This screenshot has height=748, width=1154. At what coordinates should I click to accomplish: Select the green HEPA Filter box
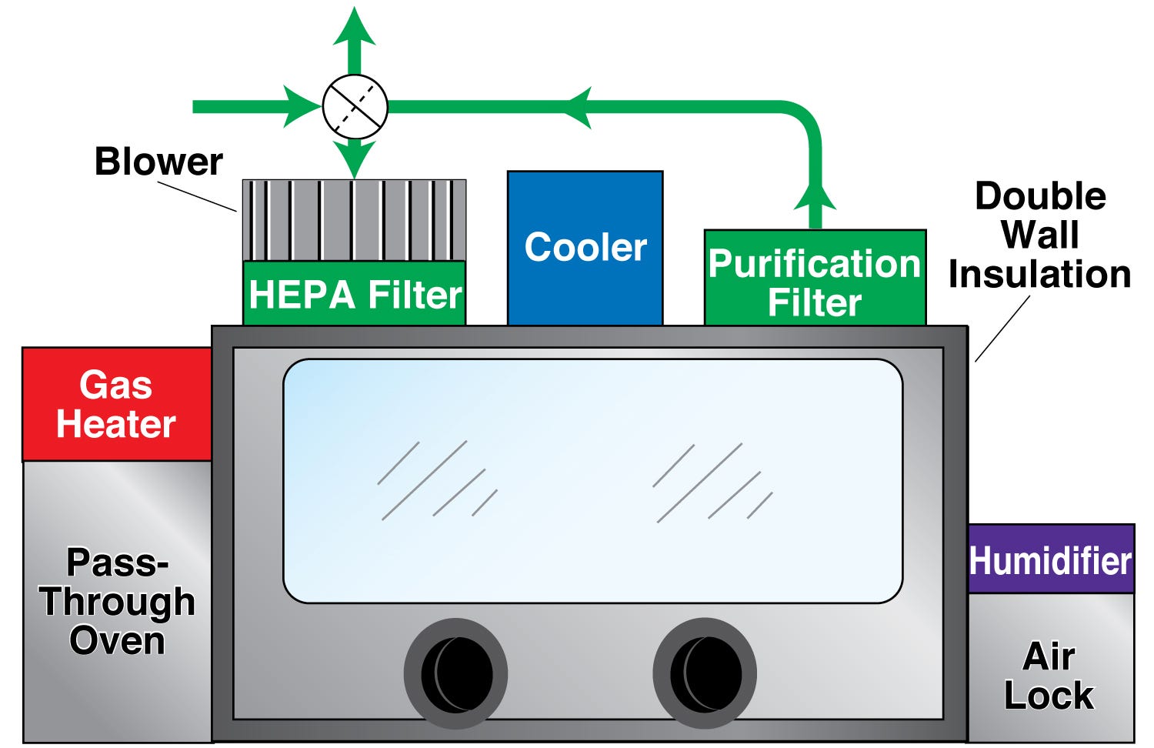355,293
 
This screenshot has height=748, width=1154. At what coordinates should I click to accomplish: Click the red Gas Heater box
117,404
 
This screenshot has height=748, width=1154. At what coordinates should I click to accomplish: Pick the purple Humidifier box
1050,559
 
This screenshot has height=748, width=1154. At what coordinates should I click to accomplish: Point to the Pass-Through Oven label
117,602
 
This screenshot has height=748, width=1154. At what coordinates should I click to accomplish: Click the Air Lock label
1049,676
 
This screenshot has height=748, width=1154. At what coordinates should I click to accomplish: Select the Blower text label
158,162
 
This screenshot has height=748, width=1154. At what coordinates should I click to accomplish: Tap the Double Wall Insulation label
1039,235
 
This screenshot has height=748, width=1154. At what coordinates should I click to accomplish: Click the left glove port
455,673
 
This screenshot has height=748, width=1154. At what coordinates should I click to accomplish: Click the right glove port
705,673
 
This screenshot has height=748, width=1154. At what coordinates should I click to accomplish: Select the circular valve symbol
355,107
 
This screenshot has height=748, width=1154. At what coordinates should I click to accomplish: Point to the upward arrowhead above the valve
354,27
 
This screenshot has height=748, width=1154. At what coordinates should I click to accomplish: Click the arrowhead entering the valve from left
300,107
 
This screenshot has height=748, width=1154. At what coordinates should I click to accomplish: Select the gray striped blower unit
355,220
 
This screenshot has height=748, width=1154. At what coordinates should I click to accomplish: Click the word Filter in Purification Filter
815,302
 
